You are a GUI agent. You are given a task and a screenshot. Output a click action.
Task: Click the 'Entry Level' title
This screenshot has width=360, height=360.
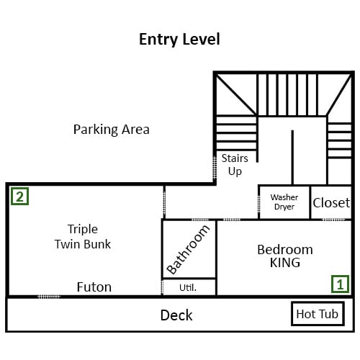tap(179, 40)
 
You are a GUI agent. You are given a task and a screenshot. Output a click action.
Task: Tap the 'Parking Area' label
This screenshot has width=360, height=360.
tap(112, 130)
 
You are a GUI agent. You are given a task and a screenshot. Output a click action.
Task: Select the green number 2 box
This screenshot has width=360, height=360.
tap(19, 197)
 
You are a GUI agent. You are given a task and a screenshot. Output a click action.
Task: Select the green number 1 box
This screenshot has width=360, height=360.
tap(340, 284)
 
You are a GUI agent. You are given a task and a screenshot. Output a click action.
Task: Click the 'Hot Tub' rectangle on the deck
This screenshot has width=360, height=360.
tap(318, 314)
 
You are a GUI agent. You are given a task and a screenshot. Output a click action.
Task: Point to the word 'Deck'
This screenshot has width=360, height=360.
tap(176, 315)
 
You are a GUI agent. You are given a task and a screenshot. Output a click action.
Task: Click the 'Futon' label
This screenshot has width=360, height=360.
tap(94, 287)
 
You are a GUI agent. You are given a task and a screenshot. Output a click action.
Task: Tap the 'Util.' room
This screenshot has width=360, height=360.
tap(189, 287)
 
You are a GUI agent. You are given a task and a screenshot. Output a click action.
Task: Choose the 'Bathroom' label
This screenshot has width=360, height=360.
tap(188, 250)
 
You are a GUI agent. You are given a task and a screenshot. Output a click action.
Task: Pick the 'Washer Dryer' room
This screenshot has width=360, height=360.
tap(284, 202)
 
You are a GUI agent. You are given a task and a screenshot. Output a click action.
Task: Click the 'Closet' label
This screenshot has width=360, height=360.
tap(331, 203)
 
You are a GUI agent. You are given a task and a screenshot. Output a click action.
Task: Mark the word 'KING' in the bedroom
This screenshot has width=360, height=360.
tap(285, 263)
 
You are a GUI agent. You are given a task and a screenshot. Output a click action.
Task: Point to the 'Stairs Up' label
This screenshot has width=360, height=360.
tap(235, 165)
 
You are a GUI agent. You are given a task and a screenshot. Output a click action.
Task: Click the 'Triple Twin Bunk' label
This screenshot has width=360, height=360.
tap(83, 237)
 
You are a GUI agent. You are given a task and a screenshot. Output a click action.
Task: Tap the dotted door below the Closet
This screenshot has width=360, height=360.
tap(333, 220)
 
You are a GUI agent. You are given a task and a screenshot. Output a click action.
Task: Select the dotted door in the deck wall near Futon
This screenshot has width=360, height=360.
tap(49, 297)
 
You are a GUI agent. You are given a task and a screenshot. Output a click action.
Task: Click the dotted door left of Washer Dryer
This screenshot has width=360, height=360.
tap(258, 204)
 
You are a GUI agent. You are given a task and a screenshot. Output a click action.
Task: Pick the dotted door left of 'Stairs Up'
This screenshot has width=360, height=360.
tap(215, 168)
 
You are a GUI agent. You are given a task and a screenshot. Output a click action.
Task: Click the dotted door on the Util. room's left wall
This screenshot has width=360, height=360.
tap(162, 287)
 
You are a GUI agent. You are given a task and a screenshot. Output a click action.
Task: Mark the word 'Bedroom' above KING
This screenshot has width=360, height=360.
tap(285, 250)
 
